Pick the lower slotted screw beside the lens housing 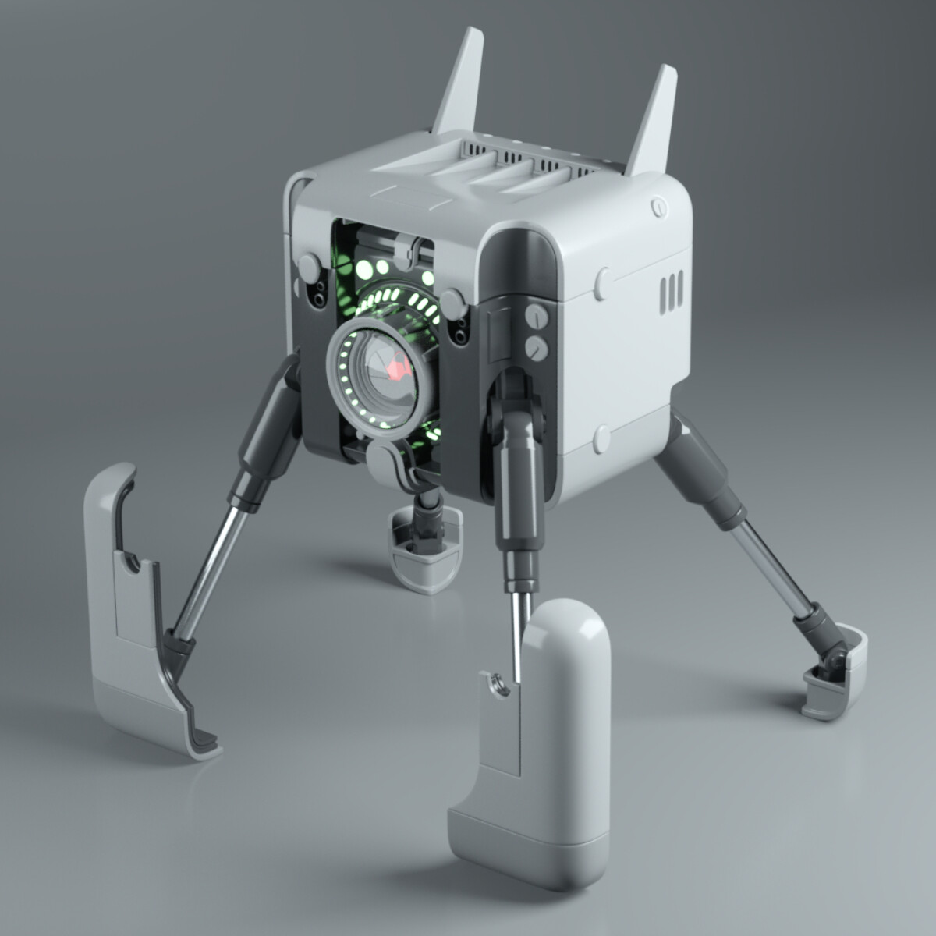535,347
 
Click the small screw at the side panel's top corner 659,207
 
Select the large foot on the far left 133,616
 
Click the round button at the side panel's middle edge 603,284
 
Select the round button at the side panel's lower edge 601,439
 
